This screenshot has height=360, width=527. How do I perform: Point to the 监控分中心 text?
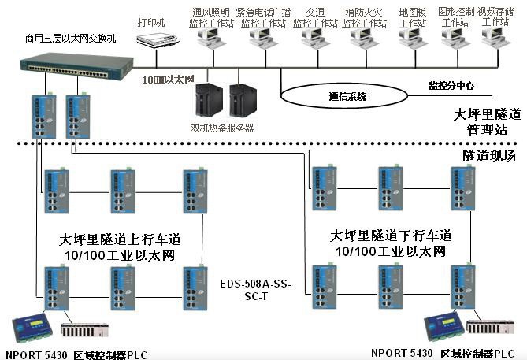click(x=451, y=84)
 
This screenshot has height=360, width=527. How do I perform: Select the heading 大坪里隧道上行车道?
click(x=115, y=238)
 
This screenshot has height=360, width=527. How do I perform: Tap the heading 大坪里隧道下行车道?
click(x=391, y=236)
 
